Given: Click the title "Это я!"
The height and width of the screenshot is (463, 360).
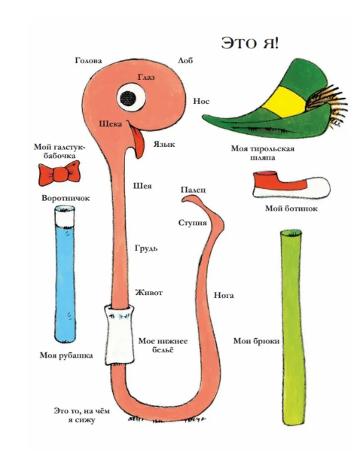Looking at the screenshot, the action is [x=249, y=43].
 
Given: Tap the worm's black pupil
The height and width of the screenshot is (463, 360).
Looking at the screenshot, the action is [x=128, y=99].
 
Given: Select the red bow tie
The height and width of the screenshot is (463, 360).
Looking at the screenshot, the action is [x=59, y=173].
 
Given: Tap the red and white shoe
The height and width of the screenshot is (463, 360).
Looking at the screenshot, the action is [x=291, y=184].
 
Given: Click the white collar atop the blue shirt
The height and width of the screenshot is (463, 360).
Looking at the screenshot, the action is [x=65, y=216].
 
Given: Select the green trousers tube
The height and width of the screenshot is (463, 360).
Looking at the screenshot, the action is [x=292, y=327].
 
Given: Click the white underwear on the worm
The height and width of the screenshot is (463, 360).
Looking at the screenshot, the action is [x=119, y=335].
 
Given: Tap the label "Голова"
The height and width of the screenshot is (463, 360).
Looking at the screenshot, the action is [x=89, y=60].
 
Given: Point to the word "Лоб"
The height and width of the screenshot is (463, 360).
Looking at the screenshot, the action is [x=185, y=60].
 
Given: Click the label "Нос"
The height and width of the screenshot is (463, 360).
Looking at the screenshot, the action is [x=201, y=102].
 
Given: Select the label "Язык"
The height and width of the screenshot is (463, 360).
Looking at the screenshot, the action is [x=164, y=144].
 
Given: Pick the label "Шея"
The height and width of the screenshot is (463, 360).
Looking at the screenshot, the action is [x=142, y=186].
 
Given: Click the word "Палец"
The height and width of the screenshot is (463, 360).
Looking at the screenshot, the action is [x=194, y=190].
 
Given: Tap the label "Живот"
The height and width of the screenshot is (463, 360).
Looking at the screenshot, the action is [x=149, y=293].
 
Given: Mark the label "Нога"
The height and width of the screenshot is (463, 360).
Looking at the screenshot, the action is [x=224, y=295].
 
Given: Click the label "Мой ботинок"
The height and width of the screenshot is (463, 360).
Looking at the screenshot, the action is [x=291, y=209].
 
